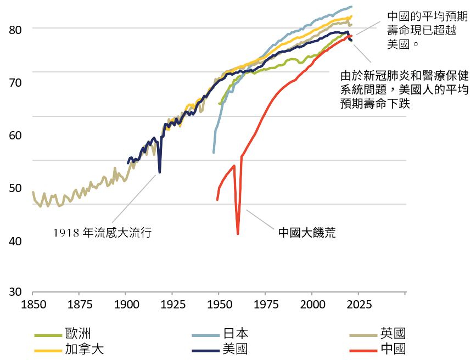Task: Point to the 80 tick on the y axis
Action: (x=16, y=29)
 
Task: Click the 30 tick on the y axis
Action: (x=16, y=292)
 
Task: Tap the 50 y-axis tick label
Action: (x=16, y=188)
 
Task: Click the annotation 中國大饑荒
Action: (x=306, y=233)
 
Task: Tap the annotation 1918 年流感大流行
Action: (x=102, y=233)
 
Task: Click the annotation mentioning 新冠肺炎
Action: (x=405, y=89)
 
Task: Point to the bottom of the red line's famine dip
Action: (x=238, y=234)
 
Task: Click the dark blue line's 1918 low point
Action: (x=160, y=172)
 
